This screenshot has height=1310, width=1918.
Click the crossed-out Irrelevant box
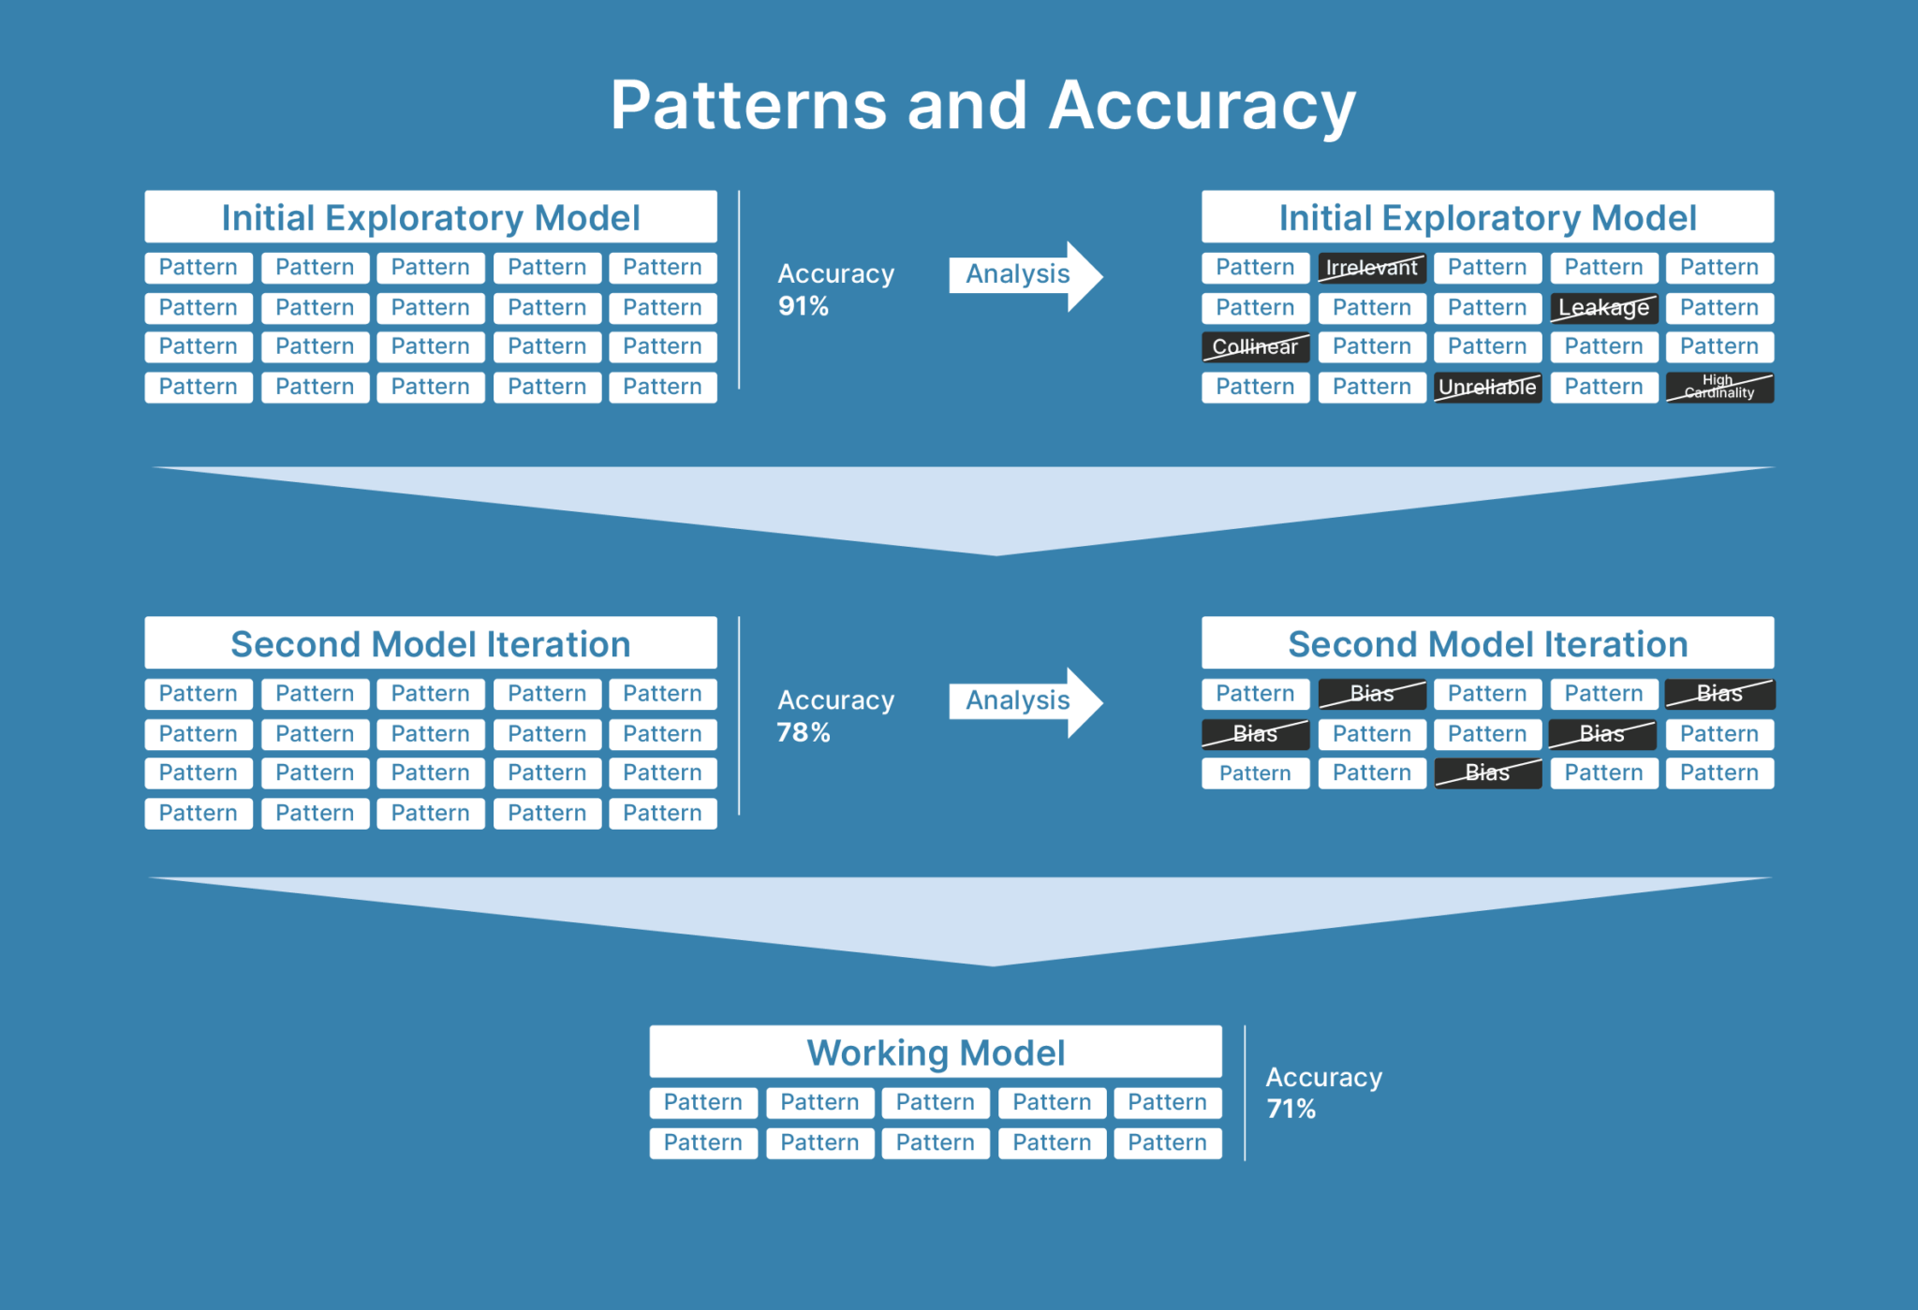point(1371,268)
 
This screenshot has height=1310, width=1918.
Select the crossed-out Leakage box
point(1602,308)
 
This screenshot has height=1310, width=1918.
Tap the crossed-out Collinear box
point(1255,347)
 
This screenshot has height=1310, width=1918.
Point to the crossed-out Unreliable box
point(1486,388)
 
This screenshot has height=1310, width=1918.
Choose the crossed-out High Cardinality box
point(1719,388)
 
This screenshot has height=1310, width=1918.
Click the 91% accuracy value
point(803,306)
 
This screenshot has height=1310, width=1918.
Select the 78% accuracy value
point(803,732)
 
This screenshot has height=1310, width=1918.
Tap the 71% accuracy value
point(1291,1110)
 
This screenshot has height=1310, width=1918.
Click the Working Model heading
point(935,1052)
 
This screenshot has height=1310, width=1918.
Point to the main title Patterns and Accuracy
point(982,105)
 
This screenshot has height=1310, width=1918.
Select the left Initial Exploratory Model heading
point(430,218)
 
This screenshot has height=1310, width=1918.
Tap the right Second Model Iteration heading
point(1486,644)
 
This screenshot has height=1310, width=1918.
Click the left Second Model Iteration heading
point(430,644)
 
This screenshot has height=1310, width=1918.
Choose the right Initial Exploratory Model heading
point(1486,218)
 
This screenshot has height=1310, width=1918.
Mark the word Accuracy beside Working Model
point(1323,1078)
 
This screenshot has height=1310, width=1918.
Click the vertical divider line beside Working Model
point(1245,1094)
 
